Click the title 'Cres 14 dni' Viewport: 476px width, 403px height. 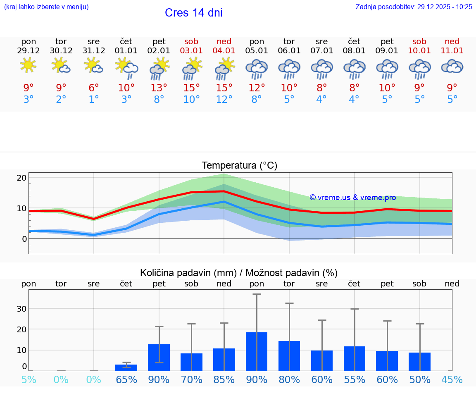click(x=193, y=13)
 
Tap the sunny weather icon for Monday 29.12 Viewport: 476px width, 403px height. click(x=28, y=65)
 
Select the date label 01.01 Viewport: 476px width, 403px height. click(x=126, y=51)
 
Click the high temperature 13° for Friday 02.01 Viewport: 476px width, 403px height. click(x=159, y=88)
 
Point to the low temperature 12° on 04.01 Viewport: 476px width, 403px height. click(x=224, y=100)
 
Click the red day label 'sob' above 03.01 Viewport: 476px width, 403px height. click(x=191, y=41)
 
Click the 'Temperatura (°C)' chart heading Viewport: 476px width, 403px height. click(x=239, y=166)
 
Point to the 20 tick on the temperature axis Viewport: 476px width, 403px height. click(x=21, y=178)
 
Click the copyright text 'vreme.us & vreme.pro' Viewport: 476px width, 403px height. click(x=353, y=198)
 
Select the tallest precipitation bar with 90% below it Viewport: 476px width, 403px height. click(x=257, y=351)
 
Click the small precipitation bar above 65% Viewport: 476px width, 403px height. click(x=126, y=367)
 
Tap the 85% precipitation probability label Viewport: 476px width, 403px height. click(x=224, y=380)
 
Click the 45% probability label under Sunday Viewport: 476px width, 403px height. click(x=452, y=380)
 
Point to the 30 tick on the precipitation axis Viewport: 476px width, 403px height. click(x=21, y=309)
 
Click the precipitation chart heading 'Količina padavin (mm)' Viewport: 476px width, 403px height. click(x=188, y=273)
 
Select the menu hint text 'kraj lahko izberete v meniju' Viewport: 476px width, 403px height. click(x=46, y=7)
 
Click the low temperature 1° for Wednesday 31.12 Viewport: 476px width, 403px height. click(x=94, y=100)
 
